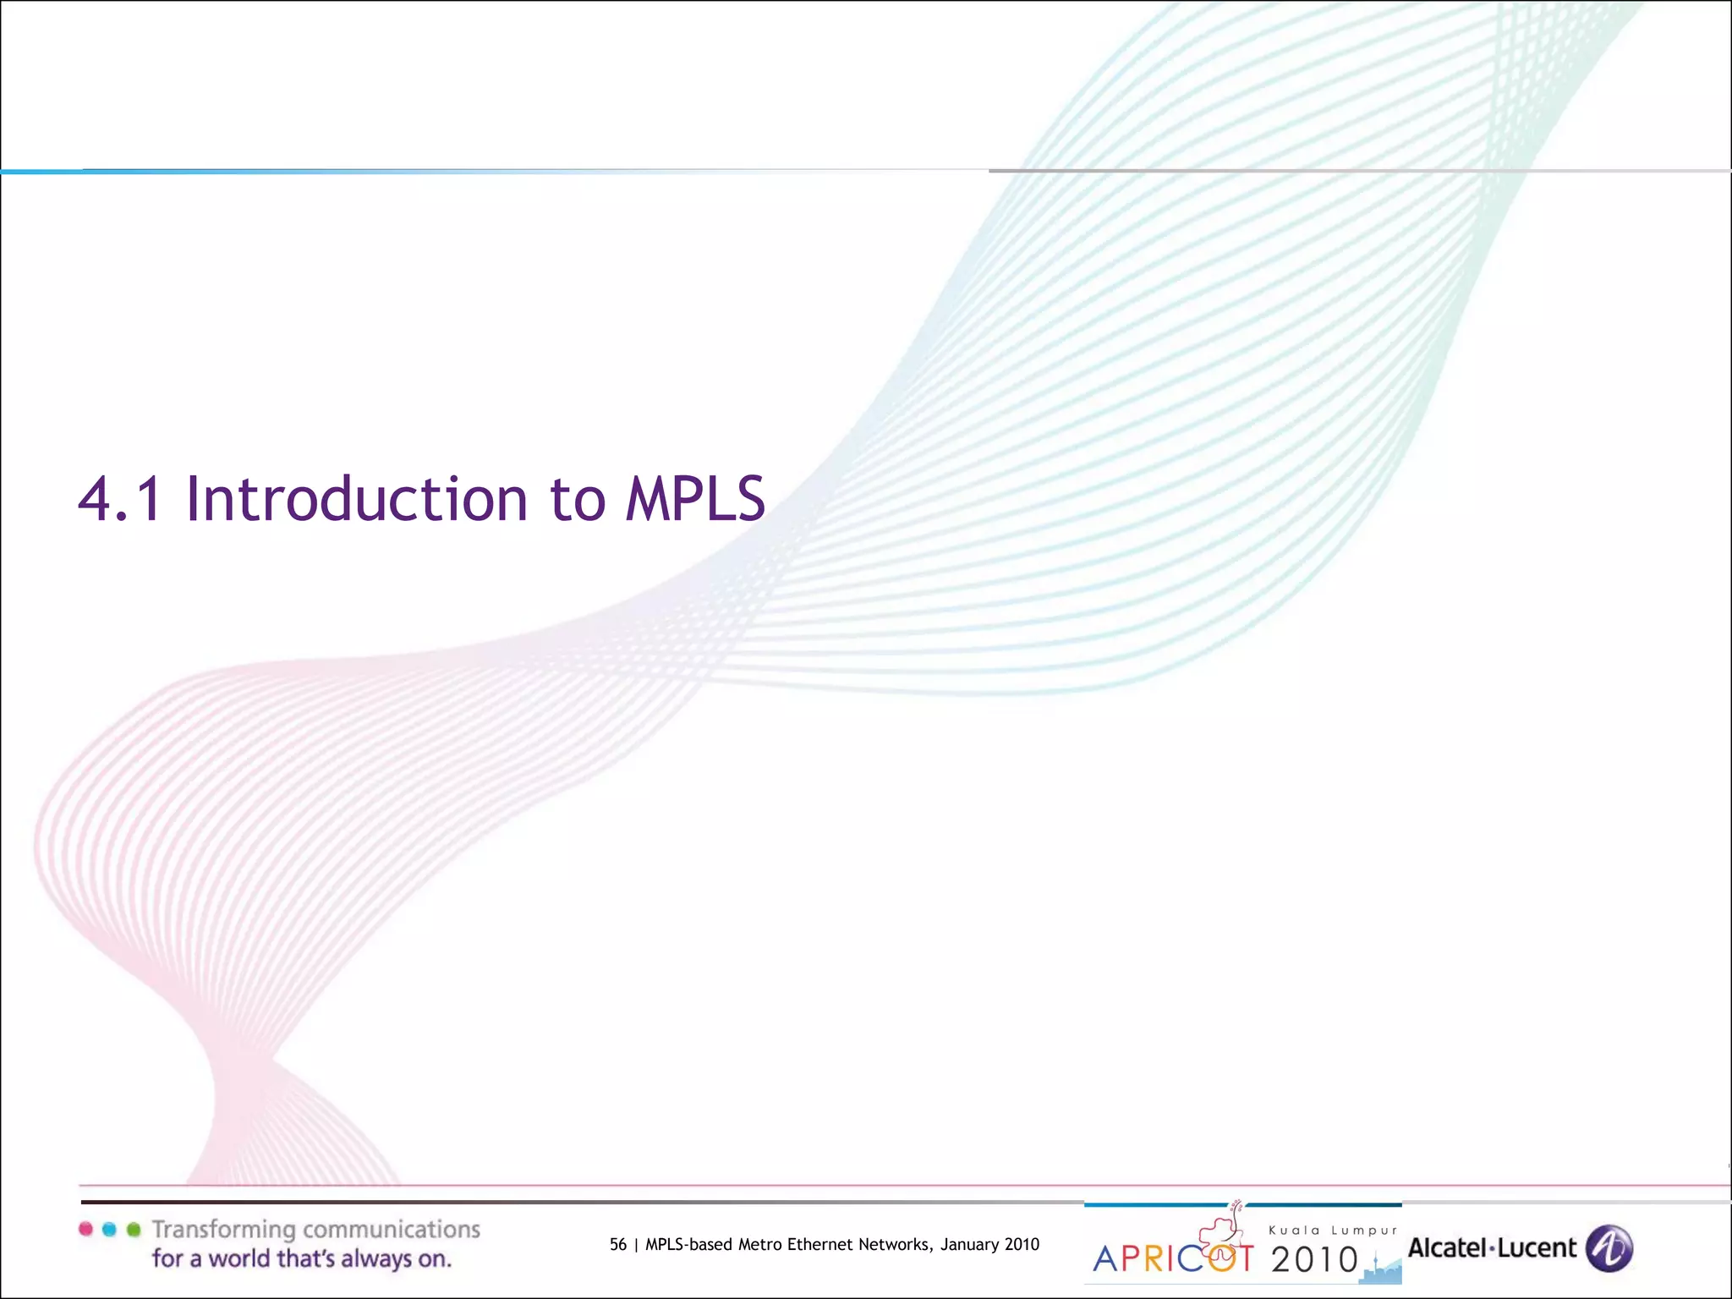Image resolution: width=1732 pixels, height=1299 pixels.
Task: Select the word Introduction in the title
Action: [x=356, y=499]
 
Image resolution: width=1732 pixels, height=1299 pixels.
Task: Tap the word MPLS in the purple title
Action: [x=695, y=499]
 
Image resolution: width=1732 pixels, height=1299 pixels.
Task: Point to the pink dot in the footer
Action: [x=85, y=1229]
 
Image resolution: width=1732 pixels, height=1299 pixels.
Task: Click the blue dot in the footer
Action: [x=109, y=1229]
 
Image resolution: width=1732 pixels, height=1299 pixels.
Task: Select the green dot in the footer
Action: [x=133, y=1229]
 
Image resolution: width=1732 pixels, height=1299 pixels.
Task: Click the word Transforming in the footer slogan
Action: [x=223, y=1230]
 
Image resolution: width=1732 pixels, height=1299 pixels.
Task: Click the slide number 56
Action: [x=618, y=1244]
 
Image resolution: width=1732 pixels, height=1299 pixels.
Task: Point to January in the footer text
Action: [x=969, y=1244]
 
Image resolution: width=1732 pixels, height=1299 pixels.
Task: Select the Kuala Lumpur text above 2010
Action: [x=1333, y=1230]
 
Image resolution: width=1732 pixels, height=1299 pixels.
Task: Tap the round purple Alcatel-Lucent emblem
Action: [x=1609, y=1248]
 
